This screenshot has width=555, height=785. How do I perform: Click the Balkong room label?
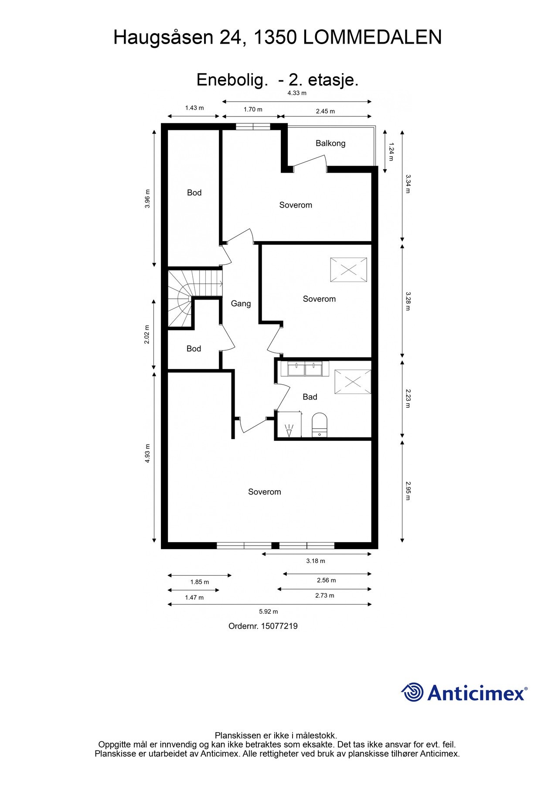pyautogui.click(x=330, y=143)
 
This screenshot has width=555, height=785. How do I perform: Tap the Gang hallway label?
pyautogui.click(x=241, y=304)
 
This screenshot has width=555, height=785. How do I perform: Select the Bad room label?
pyautogui.click(x=310, y=397)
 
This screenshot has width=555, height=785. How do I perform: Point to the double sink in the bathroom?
pyautogui.click(x=305, y=369)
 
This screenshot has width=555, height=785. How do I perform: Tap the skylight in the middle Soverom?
pyautogui.click(x=348, y=270)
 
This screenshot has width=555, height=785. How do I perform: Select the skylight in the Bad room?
pyautogui.click(x=352, y=382)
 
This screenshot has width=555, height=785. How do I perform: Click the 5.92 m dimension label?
pyautogui.click(x=269, y=611)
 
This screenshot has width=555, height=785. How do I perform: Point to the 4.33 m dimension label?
pyautogui.click(x=296, y=93)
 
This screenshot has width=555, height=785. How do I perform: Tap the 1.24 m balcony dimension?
pyautogui.click(x=391, y=152)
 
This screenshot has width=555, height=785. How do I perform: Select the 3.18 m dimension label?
pyautogui.click(x=315, y=561)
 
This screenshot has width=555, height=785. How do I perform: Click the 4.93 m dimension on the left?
pyautogui.click(x=147, y=453)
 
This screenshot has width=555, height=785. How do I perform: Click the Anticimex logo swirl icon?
pyautogui.click(x=412, y=693)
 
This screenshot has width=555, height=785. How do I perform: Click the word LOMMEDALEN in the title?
pyautogui.click(x=372, y=38)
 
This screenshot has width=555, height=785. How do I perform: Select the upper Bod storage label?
pyautogui.click(x=194, y=193)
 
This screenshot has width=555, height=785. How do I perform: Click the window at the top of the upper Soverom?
pyautogui.click(x=253, y=127)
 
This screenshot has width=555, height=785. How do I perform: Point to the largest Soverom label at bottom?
pyautogui.click(x=264, y=492)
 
